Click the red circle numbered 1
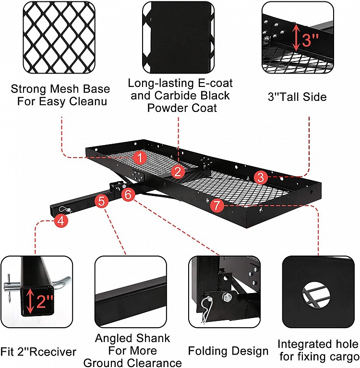point(139,157)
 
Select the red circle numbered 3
point(260,177)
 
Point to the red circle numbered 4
point(60,221)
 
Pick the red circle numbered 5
point(101,201)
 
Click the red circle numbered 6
point(127,195)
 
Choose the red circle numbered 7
point(216,206)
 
